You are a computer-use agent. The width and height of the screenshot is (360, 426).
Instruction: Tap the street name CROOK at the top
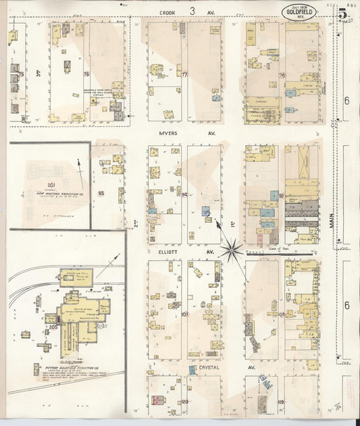(168, 11)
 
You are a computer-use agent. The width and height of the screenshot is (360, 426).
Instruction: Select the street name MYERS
(168, 134)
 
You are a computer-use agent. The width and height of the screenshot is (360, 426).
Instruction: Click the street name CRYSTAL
(201, 367)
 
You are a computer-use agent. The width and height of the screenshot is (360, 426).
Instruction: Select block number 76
(86, 74)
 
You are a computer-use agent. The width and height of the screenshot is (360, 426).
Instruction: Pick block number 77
(184, 74)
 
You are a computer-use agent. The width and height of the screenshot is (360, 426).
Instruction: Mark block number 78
(282, 76)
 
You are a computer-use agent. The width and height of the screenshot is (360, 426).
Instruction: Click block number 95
(102, 194)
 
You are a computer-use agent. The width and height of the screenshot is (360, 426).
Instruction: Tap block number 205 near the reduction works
(53, 327)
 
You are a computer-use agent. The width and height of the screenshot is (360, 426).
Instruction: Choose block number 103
(184, 315)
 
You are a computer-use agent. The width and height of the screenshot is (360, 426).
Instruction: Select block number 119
(280, 402)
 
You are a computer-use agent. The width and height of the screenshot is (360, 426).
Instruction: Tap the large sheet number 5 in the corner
(343, 14)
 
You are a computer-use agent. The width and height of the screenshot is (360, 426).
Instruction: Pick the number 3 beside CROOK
(192, 10)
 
